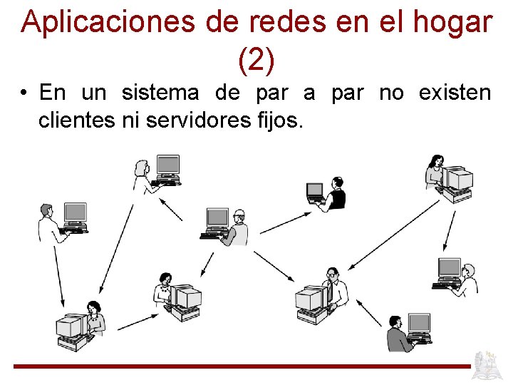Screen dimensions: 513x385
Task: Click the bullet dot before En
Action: coord(25,94)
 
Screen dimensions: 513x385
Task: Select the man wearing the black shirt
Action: coord(336,193)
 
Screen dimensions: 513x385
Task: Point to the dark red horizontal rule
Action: coord(242,366)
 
